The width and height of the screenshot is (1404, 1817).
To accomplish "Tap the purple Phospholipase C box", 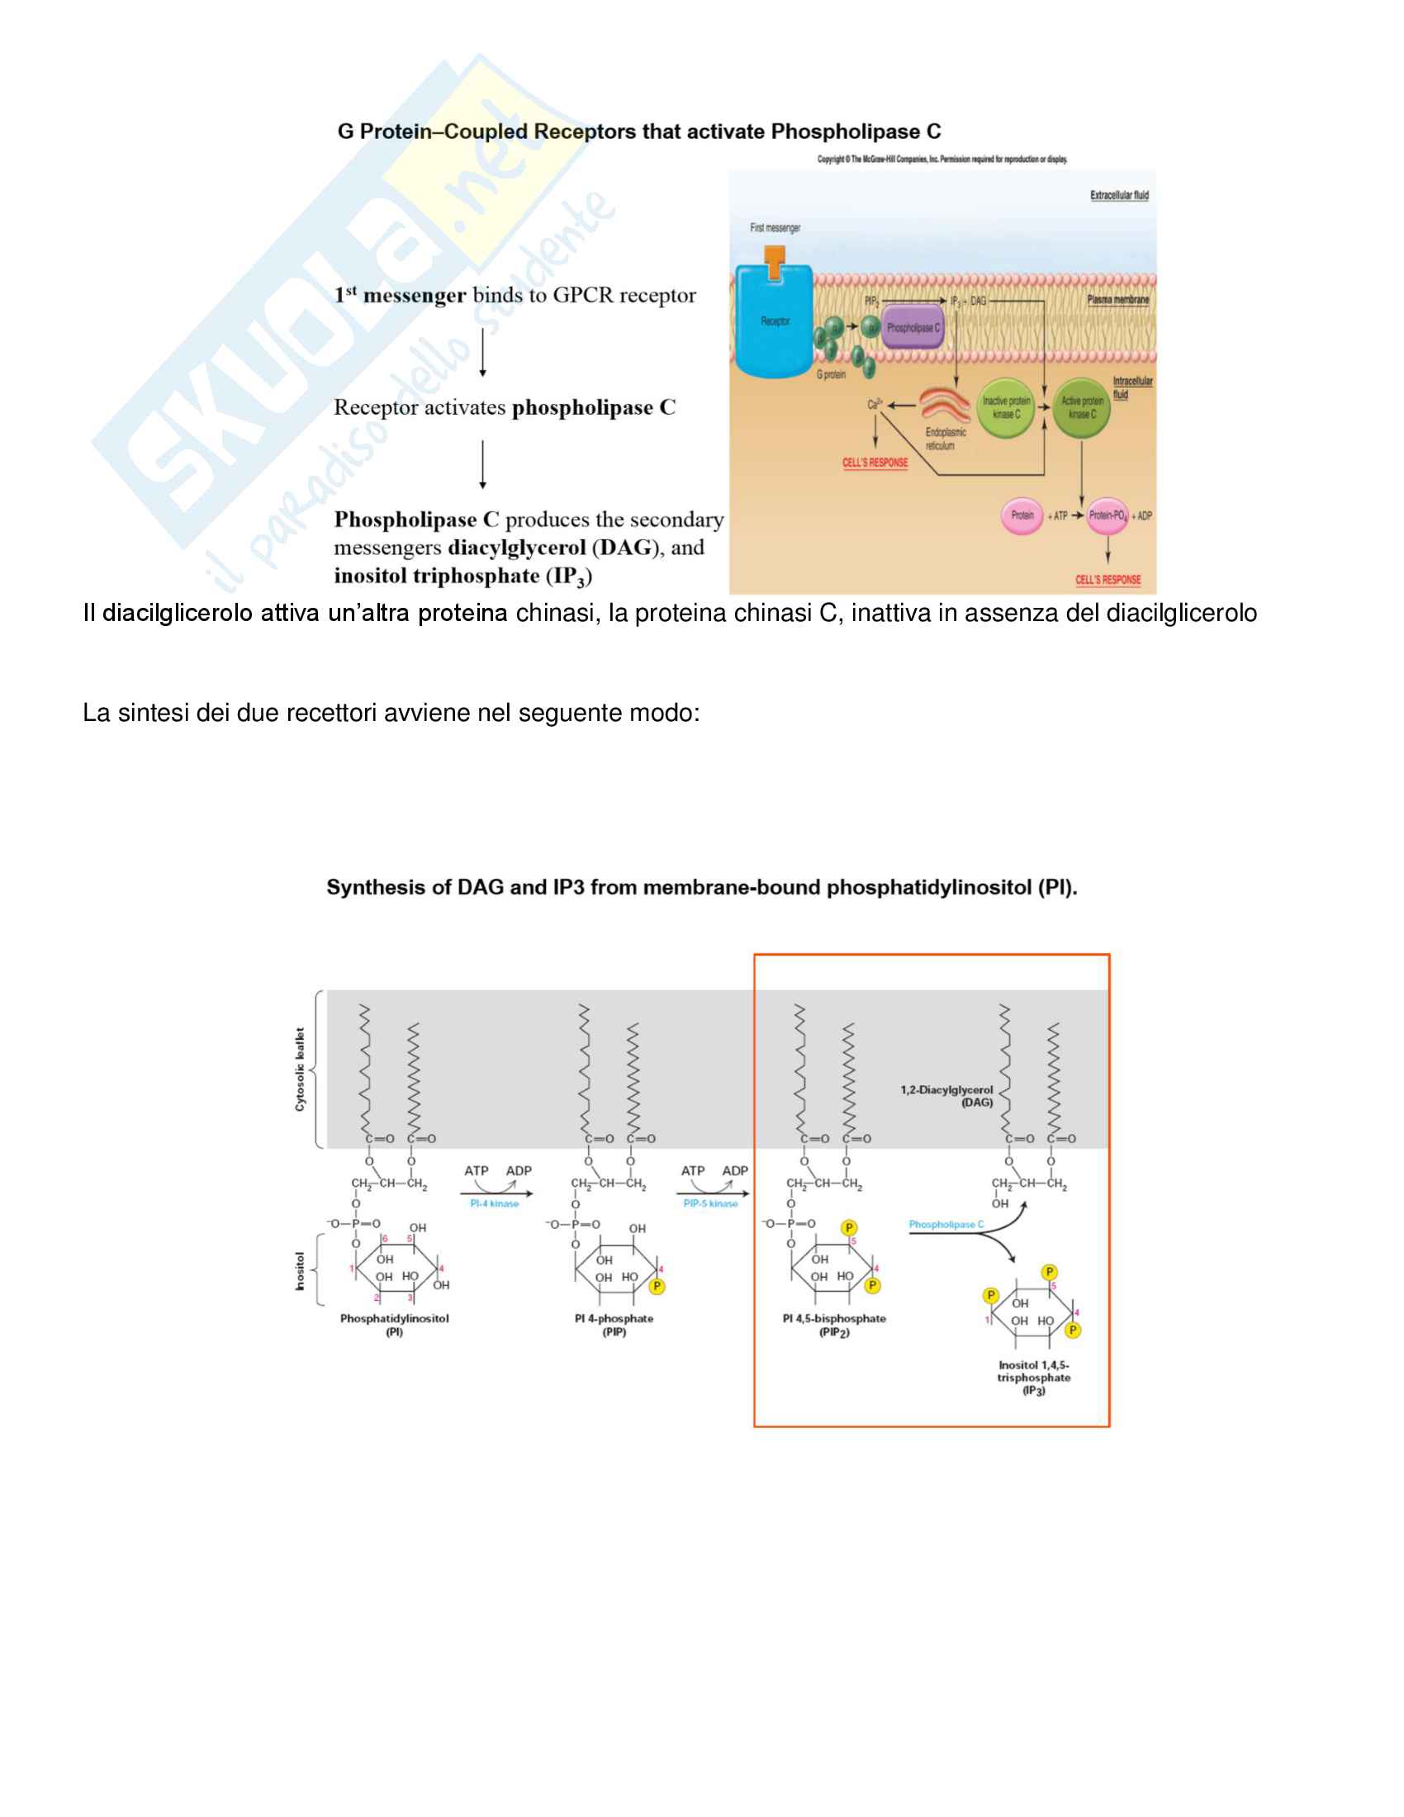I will click(913, 328).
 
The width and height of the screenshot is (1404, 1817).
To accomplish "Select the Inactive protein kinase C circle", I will click(1006, 408).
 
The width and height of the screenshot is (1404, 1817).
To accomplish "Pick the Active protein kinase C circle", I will click(1081, 408).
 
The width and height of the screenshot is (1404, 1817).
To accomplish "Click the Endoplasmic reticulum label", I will click(945, 439).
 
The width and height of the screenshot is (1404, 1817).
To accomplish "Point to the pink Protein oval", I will click(1022, 516).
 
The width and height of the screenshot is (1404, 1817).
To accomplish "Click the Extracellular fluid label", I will click(1119, 196).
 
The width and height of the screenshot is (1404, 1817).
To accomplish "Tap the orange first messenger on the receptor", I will click(774, 263).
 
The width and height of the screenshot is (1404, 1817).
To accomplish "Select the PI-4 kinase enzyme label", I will click(494, 1204).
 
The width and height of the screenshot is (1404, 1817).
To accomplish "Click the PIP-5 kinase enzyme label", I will click(710, 1204).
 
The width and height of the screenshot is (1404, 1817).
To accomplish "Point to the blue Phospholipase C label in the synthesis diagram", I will click(946, 1225).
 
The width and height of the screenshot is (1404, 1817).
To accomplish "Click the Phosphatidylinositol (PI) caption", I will click(394, 1326).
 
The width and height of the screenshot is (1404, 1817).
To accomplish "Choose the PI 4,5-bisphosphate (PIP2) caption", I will click(833, 1326).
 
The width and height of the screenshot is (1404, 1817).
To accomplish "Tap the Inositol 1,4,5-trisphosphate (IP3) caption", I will click(1034, 1378).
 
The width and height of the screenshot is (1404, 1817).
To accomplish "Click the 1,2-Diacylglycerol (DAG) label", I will click(946, 1096).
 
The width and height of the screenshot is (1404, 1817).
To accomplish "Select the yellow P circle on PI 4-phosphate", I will click(657, 1286).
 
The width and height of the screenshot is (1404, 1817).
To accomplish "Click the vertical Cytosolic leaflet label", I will click(301, 1069).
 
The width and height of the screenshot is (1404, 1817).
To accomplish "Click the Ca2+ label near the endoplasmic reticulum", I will click(874, 405).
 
